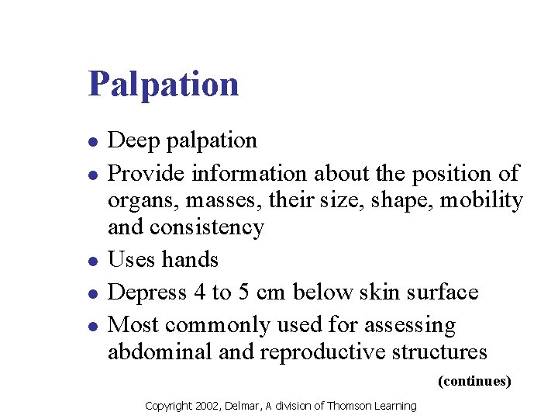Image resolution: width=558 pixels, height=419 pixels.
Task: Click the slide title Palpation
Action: [x=164, y=84]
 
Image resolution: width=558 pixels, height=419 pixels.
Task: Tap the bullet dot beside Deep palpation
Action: [x=92, y=142]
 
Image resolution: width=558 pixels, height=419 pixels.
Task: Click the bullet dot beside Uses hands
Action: [x=92, y=261]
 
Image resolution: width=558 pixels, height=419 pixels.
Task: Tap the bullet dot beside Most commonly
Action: [x=92, y=327]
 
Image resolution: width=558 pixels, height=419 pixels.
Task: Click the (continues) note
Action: [x=474, y=381]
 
